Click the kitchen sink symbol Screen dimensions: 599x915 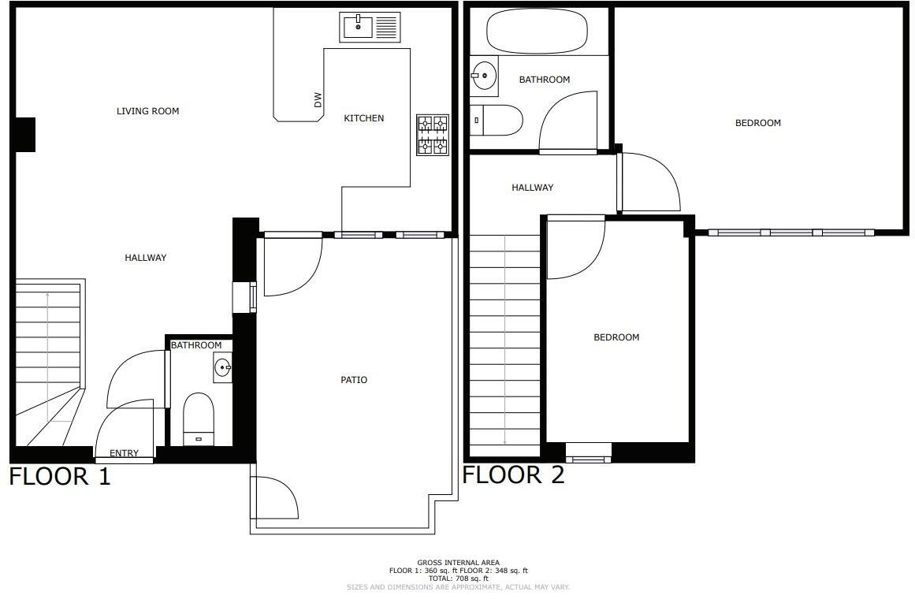[x=370, y=27]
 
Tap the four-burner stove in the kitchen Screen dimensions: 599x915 [x=432, y=134]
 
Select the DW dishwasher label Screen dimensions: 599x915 [x=318, y=100]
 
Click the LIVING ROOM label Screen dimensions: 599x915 [x=147, y=111]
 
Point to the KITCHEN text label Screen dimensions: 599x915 [x=363, y=118]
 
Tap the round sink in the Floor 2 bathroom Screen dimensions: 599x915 [x=485, y=76]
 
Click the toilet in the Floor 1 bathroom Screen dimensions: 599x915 [x=198, y=419]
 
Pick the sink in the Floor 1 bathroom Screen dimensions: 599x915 [x=222, y=367]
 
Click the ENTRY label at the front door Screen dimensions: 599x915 [x=124, y=453]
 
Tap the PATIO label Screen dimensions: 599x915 [x=354, y=380]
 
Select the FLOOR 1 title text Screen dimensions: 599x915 [x=60, y=476]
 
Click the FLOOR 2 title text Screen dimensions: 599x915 [x=513, y=474]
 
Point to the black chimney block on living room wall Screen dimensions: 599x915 [x=25, y=134]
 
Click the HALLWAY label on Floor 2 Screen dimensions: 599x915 [x=532, y=188]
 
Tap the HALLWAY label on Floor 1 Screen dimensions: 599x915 [x=146, y=258]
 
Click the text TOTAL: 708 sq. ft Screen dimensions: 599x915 [x=458, y=579]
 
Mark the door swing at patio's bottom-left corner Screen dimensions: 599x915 [x=274, y=500]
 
